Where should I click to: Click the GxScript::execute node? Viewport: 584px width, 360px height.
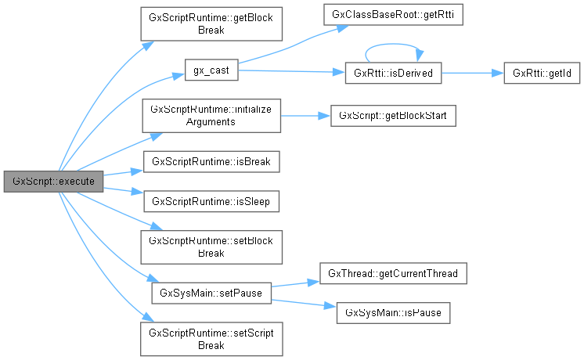point(53,181)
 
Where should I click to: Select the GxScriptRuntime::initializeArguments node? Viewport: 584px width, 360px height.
point(211,115)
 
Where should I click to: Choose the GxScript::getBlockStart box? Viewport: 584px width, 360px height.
point(392,115)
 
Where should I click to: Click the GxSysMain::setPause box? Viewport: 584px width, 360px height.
point(211,293)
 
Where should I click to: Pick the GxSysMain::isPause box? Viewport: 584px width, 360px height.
point(392,312)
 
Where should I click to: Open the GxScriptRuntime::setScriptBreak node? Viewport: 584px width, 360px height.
point(211,337)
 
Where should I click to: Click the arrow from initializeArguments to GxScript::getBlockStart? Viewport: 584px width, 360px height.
point(305,115)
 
